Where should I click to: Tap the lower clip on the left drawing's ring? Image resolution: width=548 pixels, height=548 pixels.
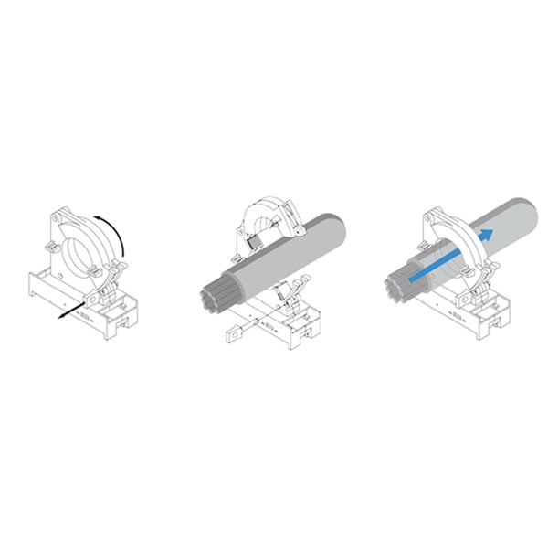[x=91, y=269]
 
